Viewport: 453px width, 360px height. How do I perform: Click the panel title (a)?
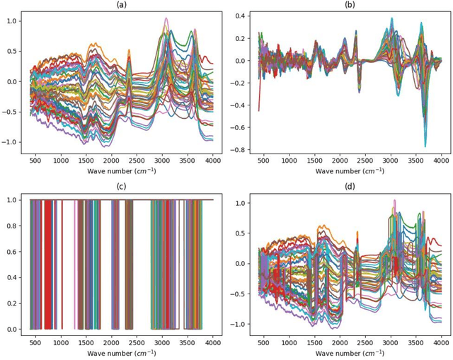pyautogui.click(x=121, y=4)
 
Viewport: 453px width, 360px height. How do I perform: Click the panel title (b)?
pyautogui.click(x=350, y=4)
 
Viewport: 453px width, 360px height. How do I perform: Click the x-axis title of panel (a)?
pyautogui.click(x=121, y=171)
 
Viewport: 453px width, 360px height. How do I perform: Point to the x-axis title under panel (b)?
pyautogui.click(x=350, y=171)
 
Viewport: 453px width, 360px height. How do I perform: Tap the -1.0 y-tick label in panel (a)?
pyautogui.click(x=11, y=142)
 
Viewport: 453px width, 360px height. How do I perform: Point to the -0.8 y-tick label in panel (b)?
pyautogui.click(x=239, y=150)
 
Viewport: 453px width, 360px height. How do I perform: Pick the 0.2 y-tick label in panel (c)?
pyautogui.click(x=14, y=303)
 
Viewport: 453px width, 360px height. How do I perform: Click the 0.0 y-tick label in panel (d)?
pyautogui.click(x=243, y=264)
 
